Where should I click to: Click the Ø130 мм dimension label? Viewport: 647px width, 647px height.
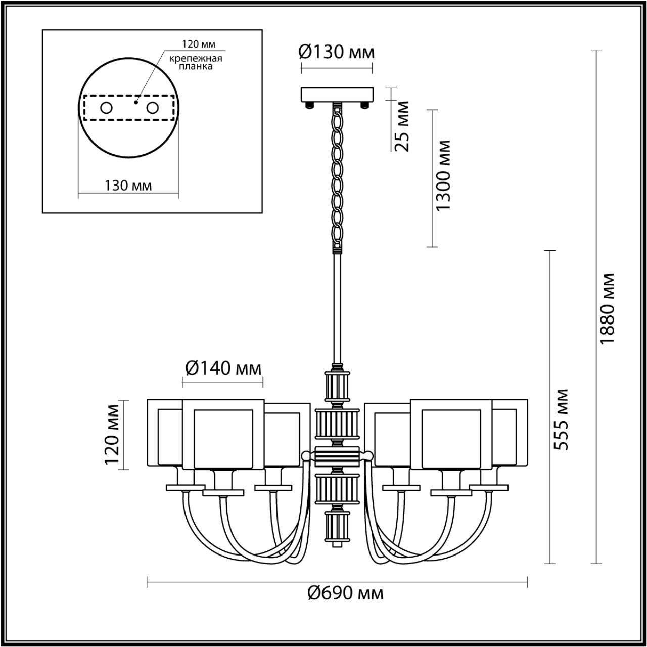(x=337, y=52)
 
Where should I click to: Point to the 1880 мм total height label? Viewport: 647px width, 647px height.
(x=607, y=309)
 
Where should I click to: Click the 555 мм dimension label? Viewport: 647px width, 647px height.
(x=561, y=420)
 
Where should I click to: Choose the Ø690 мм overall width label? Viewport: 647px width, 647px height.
(x=346, y=593)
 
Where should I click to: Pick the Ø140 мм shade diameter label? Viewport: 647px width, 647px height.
(x=223, y=368)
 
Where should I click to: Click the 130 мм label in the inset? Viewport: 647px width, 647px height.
(x=128, y=186)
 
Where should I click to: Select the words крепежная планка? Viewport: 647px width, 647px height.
(x=196, y=62)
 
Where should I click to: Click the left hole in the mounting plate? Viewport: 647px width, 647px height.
(x=106, y=108)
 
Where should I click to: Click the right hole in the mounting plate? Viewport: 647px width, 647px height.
(x=152, y=108)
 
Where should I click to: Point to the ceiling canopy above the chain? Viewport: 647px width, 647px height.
(x=337, y=94)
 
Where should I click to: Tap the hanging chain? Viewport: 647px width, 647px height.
(x=337, y=177)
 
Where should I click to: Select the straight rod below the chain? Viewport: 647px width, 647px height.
(x=337, y=308)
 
